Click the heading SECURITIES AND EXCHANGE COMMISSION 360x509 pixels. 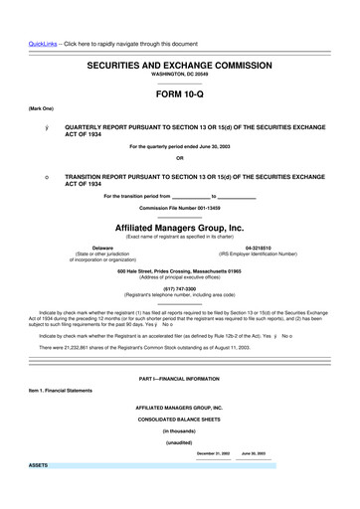[x=180, y=64]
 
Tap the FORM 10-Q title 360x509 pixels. [x=180, y=94]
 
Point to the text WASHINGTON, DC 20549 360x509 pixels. [x=180, y=75]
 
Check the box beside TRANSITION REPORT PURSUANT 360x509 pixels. [x=35, y=176]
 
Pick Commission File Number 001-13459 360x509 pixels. [x=180, y=207]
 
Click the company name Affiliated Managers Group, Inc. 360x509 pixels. [x=180, y=227]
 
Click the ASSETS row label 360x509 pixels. [x=39, y=465]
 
